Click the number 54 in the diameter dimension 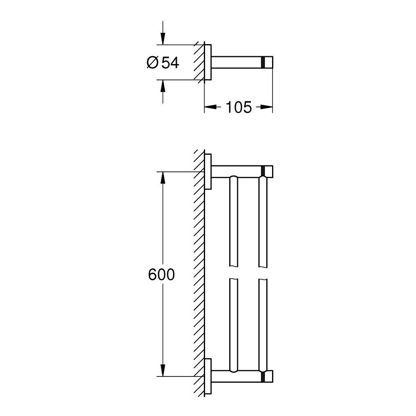pyautogui.click(x=170, y=63)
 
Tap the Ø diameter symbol pyautogui.click(x=152, y=63)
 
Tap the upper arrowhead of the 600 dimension pyautogui.click(x=163, y=178)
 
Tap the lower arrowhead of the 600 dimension pyautogui.click(x=163, y=370)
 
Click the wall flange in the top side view pyautogui.click(x=209, y=62)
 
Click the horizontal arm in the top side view pyautogui.click(x=237, y=62)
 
